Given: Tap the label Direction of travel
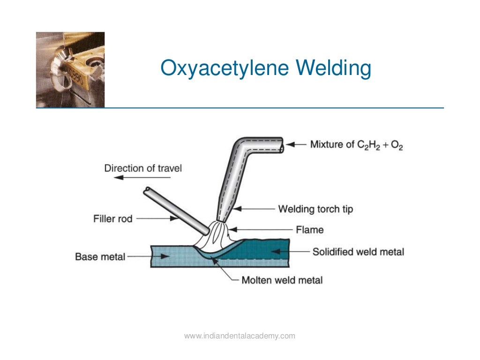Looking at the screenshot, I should click(143, 168).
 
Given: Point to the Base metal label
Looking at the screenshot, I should click(100, 257).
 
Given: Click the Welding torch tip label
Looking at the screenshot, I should click(315, 209).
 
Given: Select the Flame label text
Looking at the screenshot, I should click(309, 230).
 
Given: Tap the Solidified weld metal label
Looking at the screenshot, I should click(358, 252).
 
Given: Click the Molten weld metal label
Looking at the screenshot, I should click(282, 280).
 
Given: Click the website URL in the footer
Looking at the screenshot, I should click(240, 336).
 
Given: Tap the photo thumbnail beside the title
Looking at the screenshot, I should click(70, 70).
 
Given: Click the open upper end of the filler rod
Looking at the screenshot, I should click(148, 191).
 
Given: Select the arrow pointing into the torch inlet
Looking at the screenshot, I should click(295, 145).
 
